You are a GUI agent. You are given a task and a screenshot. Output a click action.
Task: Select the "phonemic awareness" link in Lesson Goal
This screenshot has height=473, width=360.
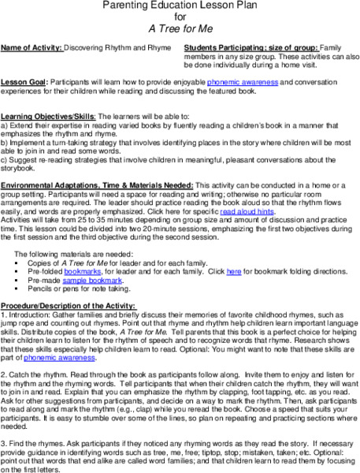pyautogui.click(x=228, y=82)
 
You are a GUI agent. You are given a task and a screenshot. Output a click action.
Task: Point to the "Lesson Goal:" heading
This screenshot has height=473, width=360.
pyautogui.click(x=23, y=82)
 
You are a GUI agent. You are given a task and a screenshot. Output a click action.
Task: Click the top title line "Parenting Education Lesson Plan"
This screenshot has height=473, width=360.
pyautogui.click(x=180, y=6)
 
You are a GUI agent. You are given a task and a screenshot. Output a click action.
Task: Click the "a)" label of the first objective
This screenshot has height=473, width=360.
pyautogui.click(x=4, y=125)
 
